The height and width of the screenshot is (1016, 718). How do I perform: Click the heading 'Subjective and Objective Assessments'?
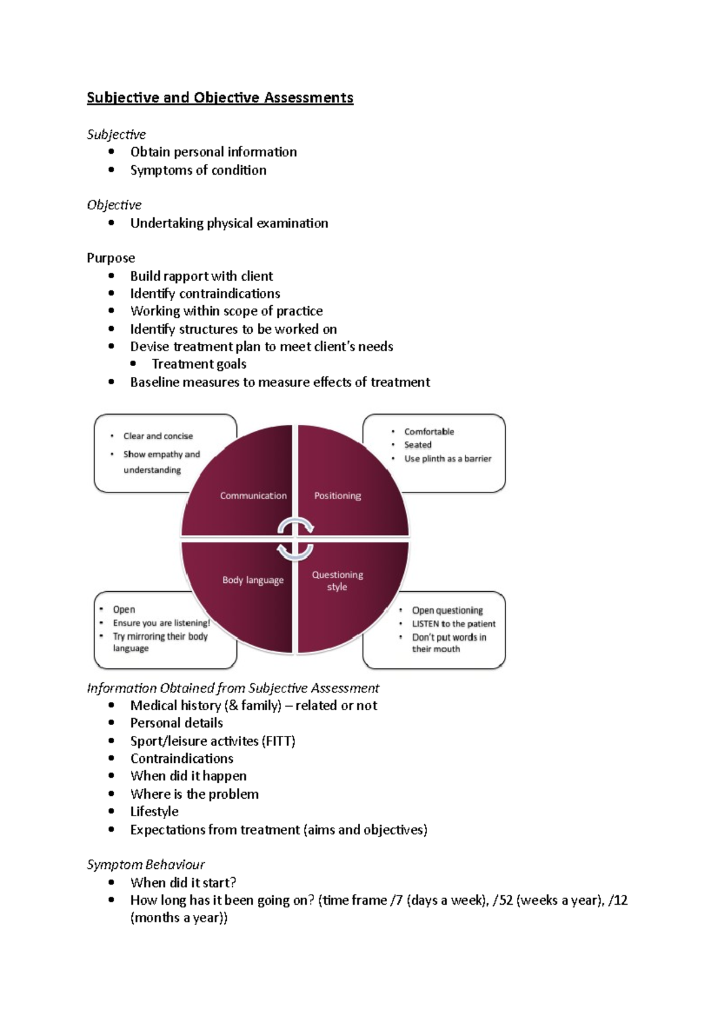(220, 98)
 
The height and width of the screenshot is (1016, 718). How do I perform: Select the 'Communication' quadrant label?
(253, 495)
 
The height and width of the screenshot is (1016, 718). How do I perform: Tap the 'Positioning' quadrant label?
(337, 495)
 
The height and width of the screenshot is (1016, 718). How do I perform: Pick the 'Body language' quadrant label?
(252, 580)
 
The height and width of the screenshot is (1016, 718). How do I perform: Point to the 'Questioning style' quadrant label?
(337, 580)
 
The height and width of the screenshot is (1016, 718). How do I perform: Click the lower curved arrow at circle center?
(296, 551)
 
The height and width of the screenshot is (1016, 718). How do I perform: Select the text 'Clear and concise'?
(158, 436)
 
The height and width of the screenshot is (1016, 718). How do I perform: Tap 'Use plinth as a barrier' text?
(448, 458)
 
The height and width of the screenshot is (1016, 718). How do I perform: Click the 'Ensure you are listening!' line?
(161, 623)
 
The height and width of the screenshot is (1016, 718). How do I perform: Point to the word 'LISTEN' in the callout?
(425, 623)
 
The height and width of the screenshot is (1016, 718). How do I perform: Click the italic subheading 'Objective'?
(114, 205)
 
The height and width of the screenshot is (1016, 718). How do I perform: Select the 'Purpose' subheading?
(111, 258)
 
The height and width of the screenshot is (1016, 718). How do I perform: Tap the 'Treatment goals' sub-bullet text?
(199, 364)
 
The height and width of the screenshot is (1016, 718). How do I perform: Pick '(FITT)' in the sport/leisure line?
(278, 741)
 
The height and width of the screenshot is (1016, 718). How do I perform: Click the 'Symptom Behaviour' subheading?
(145, 865)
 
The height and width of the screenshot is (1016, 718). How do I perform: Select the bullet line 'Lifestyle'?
(154, 811)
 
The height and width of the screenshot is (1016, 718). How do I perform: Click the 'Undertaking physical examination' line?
(229, 223)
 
